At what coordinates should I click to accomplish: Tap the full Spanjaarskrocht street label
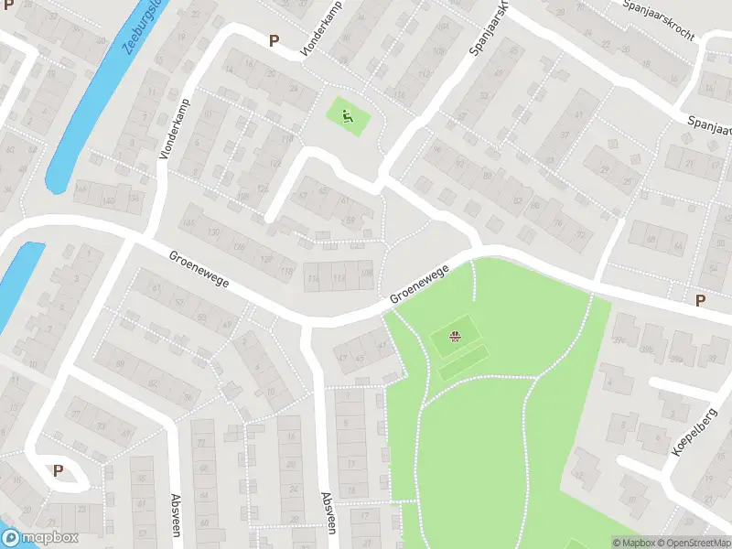point(658,19)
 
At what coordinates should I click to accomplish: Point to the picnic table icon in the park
point(455,337)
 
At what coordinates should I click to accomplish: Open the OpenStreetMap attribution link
point(694,543)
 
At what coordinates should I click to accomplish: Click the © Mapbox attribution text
point(633,543)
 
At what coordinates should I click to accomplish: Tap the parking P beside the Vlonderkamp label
point(273,40)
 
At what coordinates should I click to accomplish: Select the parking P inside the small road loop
point(59,470)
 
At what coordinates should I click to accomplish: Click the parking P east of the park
point(700,300)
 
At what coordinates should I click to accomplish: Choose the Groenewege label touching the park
point(418,285)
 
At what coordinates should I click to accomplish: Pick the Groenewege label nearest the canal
point(199,270)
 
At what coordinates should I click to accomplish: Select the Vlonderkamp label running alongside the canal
point(175,130)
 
